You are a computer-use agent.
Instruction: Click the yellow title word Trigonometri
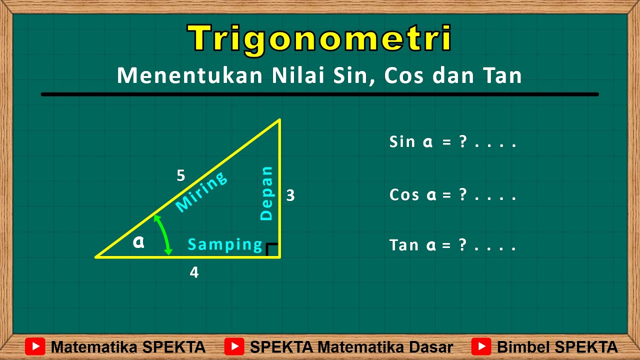click(x=319, y=39)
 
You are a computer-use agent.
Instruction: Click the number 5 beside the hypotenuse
click(x=181, y=175)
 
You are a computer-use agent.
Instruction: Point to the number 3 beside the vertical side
click(x=290, y=195)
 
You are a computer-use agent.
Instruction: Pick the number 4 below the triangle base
click(x=194, y=272)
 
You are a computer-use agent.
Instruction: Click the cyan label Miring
click(x=201, y=191)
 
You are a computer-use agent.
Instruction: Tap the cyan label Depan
click(x=267, y=193)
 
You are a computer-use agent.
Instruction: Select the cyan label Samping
click(x=225, y=244)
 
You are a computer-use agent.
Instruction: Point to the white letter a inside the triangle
click(x=138, y=242)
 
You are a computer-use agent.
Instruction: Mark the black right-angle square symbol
click(x=272, y=249)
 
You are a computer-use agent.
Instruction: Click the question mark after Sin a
click(x=463, y=142)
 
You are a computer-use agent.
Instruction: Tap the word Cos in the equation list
click(x=404, y=194)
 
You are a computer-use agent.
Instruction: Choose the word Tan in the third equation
click(x=404, y=245)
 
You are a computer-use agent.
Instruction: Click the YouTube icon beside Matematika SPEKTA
click(x=35, y=346)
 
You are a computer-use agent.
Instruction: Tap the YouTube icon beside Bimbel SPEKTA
click(x=481, y=346)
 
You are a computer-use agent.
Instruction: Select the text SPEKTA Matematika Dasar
click(x=351, y=347)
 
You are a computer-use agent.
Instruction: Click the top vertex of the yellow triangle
click(x=279, y=119)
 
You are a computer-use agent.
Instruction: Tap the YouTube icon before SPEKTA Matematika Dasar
click(x=234, y=346)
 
